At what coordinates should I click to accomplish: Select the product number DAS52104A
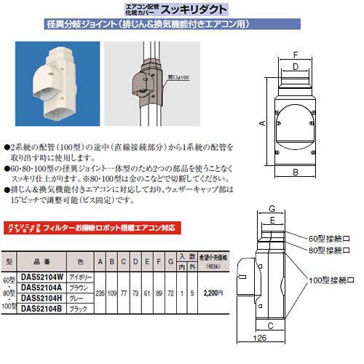[x=47, y=288]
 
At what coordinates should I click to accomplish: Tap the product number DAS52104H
[x=47, y=299]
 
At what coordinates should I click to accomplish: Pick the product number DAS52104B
[x=47, y=309]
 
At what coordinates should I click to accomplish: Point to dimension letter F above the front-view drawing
[x=295, y=55]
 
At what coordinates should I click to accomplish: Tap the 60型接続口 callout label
[x=330, y=237]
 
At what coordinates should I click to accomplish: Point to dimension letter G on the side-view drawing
[x=270, y=208]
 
